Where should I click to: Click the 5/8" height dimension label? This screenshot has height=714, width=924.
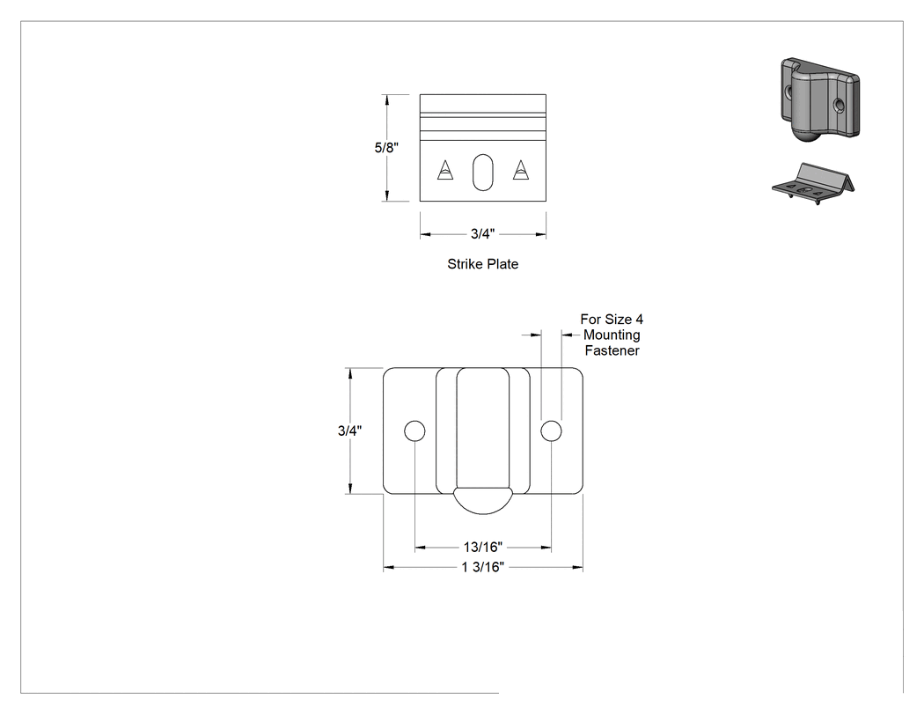[386, 147]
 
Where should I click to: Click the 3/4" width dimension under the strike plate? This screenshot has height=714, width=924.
[482, 234]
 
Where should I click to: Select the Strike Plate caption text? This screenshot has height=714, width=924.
[482, 264]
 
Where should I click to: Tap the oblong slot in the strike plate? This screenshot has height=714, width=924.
[482, 173]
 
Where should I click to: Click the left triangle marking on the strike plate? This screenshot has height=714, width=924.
[445, 170]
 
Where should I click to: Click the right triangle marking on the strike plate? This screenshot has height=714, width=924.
[520, 170]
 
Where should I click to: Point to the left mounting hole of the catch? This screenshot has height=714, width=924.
[414, 431]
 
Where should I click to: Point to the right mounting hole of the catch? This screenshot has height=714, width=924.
[551, 431]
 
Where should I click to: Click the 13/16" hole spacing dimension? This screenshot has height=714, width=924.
[482, 547]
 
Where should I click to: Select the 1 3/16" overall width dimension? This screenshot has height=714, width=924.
[482, 567]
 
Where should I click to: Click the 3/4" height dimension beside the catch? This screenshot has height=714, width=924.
[349, 431]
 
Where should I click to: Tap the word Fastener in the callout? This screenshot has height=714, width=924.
[612, 350]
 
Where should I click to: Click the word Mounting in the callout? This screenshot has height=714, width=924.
[612, 335]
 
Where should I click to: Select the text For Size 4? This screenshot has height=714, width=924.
[612, 320]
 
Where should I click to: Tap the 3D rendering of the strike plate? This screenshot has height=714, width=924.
[814, 185]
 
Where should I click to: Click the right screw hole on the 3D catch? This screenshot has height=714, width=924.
[840, 106]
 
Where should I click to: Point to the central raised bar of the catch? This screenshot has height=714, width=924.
[482, 430]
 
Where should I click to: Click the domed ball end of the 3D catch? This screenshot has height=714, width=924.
[806, 135]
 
